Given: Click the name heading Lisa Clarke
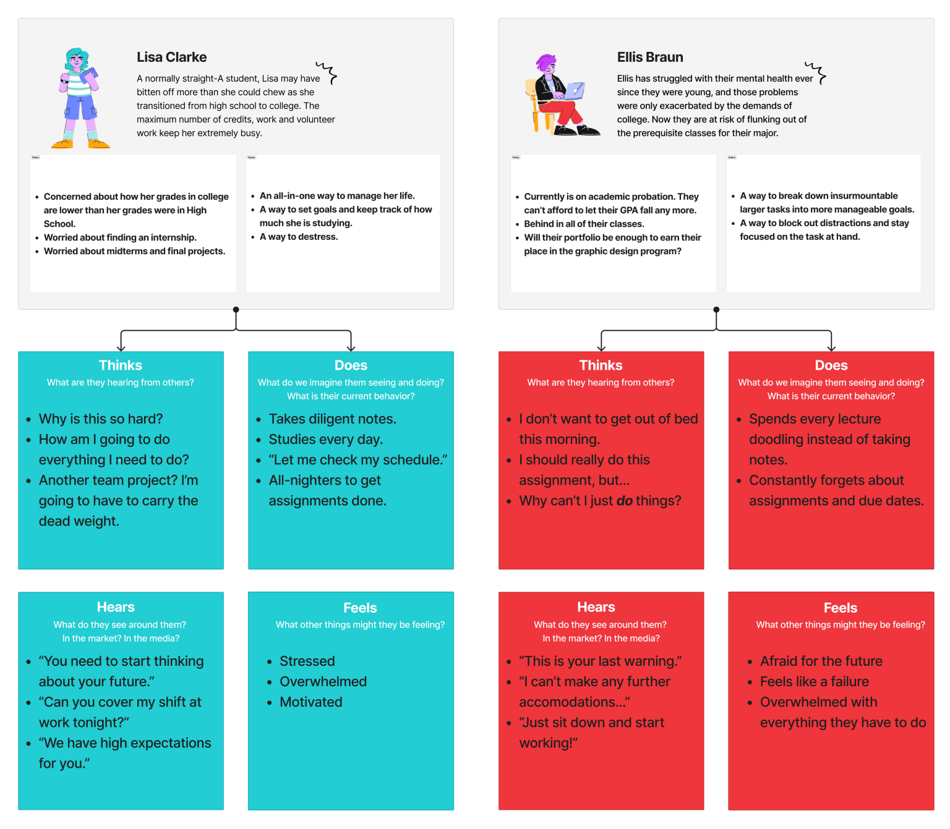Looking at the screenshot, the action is click(x=171, y=57).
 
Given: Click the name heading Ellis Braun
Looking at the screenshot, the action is click(x=649, y=57).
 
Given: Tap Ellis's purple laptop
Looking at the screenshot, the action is click(x=575, y=91).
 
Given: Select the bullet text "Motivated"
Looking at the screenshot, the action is click(x=310, y=702).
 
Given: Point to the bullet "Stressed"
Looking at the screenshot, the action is click(x=307, y=661).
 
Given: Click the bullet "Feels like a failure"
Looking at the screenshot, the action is click(x=814, y=682).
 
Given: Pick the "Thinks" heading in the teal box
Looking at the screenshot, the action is click(x=121, y=365).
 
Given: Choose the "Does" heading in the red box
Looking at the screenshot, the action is click(x=831, y=365).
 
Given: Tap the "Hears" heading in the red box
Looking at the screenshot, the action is click(x=596, y=607).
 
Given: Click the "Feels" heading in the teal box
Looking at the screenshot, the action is click(x=360, y=608).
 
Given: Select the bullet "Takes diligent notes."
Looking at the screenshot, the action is click(x=332, y=419).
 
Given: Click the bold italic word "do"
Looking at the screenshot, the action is click(x=625, y=501).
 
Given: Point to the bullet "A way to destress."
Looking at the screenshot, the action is click(x=298, y=237).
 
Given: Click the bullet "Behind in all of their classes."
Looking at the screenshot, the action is click(x=584, y=224).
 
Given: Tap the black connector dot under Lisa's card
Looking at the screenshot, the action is click(x=236, y=310).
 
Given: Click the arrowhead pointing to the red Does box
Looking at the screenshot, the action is click(x=831, y=349).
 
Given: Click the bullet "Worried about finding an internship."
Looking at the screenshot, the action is click(x=120, y=237).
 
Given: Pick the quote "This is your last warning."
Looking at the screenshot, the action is click(x=600, y=661).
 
